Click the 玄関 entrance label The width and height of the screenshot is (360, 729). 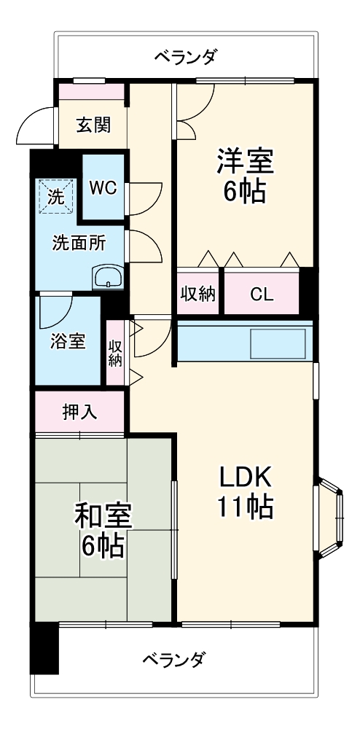(x=94, y=125)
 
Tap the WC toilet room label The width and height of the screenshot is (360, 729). (x=103, y=187)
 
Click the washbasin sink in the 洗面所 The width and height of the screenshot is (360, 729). (x=109, y=277)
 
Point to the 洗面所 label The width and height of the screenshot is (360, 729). (x=78, y=243)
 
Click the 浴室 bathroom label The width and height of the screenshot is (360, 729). (x=68, y=341)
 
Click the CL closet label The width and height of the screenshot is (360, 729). (x=262, y=294)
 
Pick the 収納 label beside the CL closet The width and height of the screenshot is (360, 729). (x=197, y=294)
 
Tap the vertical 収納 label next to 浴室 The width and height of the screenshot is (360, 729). (x=115, y=353)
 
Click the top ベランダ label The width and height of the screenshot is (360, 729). (x=185, y=56)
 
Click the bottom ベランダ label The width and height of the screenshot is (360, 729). (x=173, y=660)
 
